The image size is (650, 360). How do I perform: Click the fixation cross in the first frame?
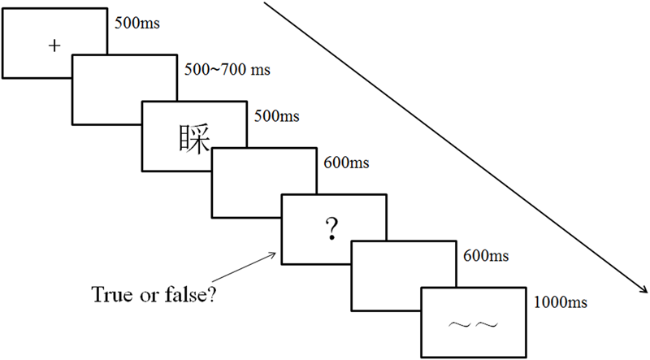pyautogui.click(x=54, y=46)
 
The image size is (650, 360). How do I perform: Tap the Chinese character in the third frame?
pyautogui.click(x=193, y=138)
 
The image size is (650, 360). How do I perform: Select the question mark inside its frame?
pyautogui.click(x=331, y=232)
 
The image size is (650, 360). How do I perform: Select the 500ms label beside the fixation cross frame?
pyautogui.click(x=137, y=22)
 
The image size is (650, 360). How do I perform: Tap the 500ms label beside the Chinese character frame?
pyautogui.click(x=276, y=115)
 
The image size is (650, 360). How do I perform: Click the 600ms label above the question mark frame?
pyautogui.click(x=346, y=163)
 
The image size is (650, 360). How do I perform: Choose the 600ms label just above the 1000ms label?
pyautogui.click(x=486, y=257)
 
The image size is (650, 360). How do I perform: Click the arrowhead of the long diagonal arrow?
pyautogui.click(x=644, y=293)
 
